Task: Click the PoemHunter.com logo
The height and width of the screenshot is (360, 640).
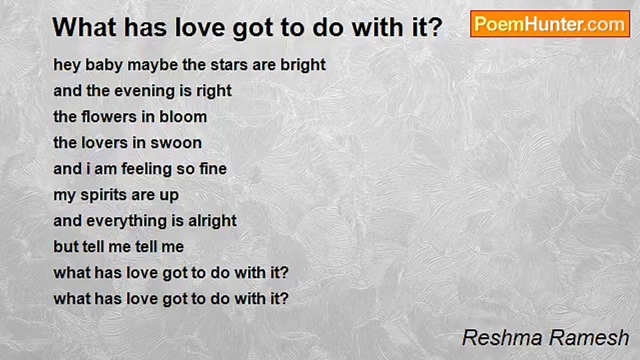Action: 550,24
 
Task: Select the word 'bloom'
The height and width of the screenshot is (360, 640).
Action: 183,117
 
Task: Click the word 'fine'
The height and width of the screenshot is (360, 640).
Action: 213,169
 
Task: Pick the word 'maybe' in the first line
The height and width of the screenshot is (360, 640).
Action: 137,65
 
